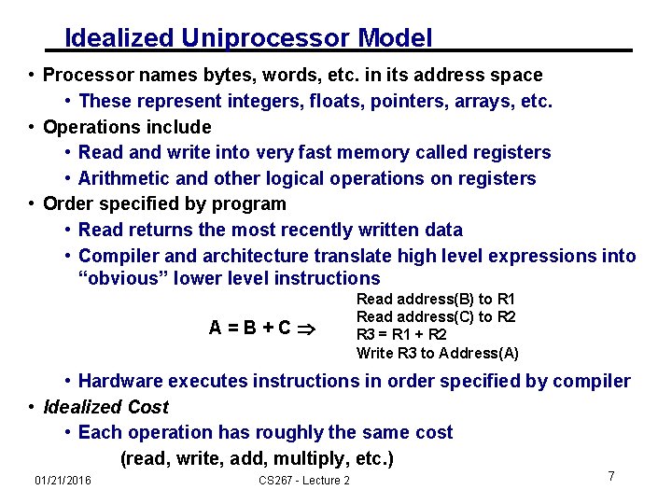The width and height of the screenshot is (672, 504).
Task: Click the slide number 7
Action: [x=611, y=477]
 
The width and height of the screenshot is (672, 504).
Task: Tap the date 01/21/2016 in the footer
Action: [x=63, y=480]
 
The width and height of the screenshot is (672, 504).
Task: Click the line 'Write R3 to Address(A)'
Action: [x=437, y=352]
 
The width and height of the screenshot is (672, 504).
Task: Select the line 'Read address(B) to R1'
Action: [x=436, y=299]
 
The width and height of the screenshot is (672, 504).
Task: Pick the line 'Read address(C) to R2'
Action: [x=436, y=316]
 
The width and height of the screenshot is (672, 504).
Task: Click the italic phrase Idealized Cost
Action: [x=105, y=407]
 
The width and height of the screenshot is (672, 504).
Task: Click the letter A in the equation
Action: [x=215, y=329]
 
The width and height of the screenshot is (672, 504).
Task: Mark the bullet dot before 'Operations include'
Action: [x=33, y=127]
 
